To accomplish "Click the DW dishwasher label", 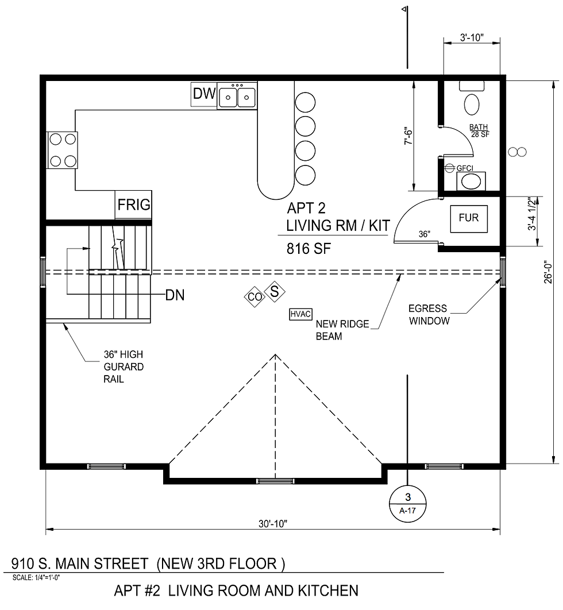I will point(203,94).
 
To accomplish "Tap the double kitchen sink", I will point(237,95).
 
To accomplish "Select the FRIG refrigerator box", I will point(134,204).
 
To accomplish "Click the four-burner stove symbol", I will point(62,149).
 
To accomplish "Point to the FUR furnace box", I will point(468,218).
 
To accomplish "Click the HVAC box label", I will point(300,314).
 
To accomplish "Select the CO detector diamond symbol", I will point(254,296).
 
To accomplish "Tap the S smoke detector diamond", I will point(275,291).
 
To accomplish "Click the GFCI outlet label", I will point(464,168).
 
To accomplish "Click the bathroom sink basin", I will point(471,182).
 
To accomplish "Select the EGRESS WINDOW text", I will point(428,315).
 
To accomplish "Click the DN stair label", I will point(175,295).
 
